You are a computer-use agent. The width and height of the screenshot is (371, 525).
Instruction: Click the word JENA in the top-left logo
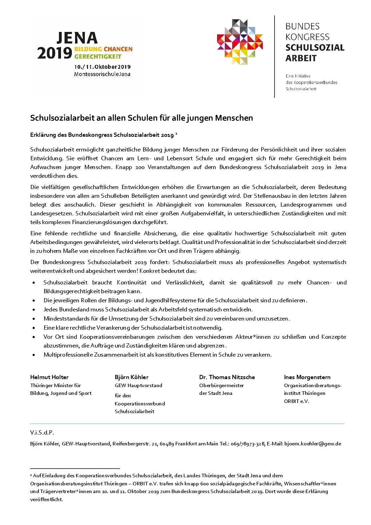[77, 38]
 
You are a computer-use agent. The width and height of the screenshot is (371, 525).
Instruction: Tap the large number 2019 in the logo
[55, 53]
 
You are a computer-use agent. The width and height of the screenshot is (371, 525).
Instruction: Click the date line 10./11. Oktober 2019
[102, 67]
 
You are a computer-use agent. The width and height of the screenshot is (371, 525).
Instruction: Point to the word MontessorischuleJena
[102, 74]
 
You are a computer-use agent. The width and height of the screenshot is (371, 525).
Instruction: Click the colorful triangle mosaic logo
[240, 42]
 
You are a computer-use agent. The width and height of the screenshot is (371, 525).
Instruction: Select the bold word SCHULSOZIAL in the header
[315, 48]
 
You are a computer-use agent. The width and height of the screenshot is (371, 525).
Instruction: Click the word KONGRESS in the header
[307, 37]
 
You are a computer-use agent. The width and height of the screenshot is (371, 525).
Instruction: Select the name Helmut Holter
[49, 377]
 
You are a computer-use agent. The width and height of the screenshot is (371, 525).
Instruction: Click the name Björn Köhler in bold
[131, 377]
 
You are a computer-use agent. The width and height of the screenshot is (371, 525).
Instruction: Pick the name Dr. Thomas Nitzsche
[227, 377]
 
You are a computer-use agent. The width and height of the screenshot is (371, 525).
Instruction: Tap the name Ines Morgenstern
[307, 377]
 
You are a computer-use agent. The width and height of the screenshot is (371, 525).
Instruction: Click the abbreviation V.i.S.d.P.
[42, 433]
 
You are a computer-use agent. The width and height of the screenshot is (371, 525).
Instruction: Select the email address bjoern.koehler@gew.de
[312, 444]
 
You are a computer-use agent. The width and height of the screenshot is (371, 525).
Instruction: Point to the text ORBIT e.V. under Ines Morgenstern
[297, 401]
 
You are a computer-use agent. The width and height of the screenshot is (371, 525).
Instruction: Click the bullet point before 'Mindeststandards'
[34, 319]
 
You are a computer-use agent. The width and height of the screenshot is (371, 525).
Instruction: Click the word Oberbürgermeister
[222, 385]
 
